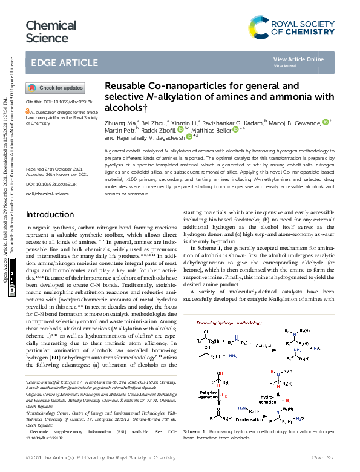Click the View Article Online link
pos(298,59)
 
